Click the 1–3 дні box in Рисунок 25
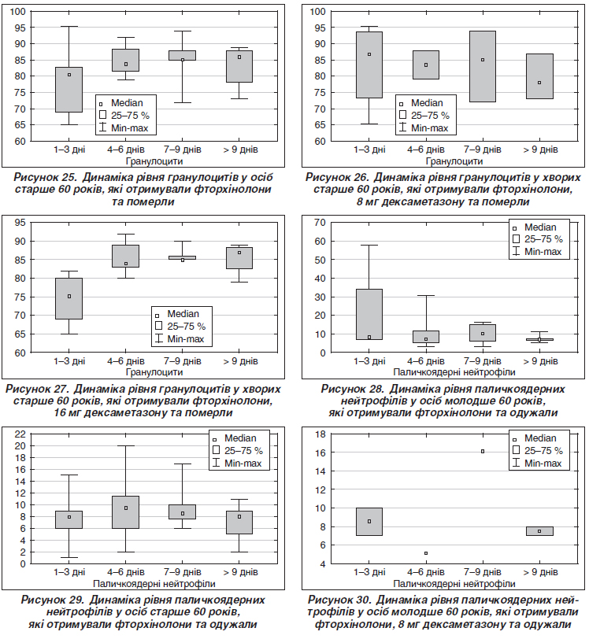(69, 90)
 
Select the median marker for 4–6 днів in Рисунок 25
(126, 64)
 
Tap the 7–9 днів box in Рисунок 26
(483, 66)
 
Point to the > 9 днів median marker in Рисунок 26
(539, 83)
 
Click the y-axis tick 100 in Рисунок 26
(318, 11)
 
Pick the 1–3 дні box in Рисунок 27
(69, 299)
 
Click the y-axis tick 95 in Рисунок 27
(20, 223)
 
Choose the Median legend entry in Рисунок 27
(177, 314)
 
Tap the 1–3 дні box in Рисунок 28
(369, 314)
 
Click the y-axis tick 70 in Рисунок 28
(320, 223)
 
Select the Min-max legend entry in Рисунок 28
(537, 252)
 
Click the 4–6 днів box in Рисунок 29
(126, 512)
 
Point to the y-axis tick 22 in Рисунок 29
(20, 434)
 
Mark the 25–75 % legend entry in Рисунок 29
(238, 451)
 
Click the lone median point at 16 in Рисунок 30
(483, 452)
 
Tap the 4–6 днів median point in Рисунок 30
(426, 553)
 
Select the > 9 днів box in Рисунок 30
(539, 531)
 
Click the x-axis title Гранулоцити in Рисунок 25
(154, 161)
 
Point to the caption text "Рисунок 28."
(352, 389)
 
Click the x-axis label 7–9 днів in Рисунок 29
(183, 572)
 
